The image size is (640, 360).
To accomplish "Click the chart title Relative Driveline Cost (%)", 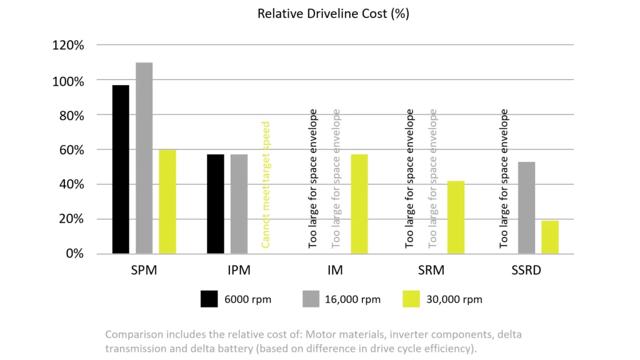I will coord(333,14).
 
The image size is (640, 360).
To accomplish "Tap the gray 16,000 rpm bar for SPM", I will coord(144,158).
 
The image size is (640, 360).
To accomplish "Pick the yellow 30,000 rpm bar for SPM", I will coord(167,201).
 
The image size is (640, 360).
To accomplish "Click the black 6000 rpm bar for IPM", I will coord(216,204).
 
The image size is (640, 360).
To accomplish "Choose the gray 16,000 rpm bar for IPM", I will coord(239,204).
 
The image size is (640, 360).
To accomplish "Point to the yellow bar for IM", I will coord(359,204).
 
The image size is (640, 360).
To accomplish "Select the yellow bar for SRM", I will coord(456,217).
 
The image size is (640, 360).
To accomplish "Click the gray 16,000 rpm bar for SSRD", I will coord(527,207).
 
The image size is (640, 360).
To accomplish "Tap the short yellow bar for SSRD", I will coord(550,237).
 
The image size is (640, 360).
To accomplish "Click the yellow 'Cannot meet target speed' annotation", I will coord(266,184).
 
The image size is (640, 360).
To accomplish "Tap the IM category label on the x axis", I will coord(334,271).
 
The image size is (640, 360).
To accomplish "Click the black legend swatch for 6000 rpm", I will coord(209,299).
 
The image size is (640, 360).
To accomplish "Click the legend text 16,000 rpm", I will coord(352,299).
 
